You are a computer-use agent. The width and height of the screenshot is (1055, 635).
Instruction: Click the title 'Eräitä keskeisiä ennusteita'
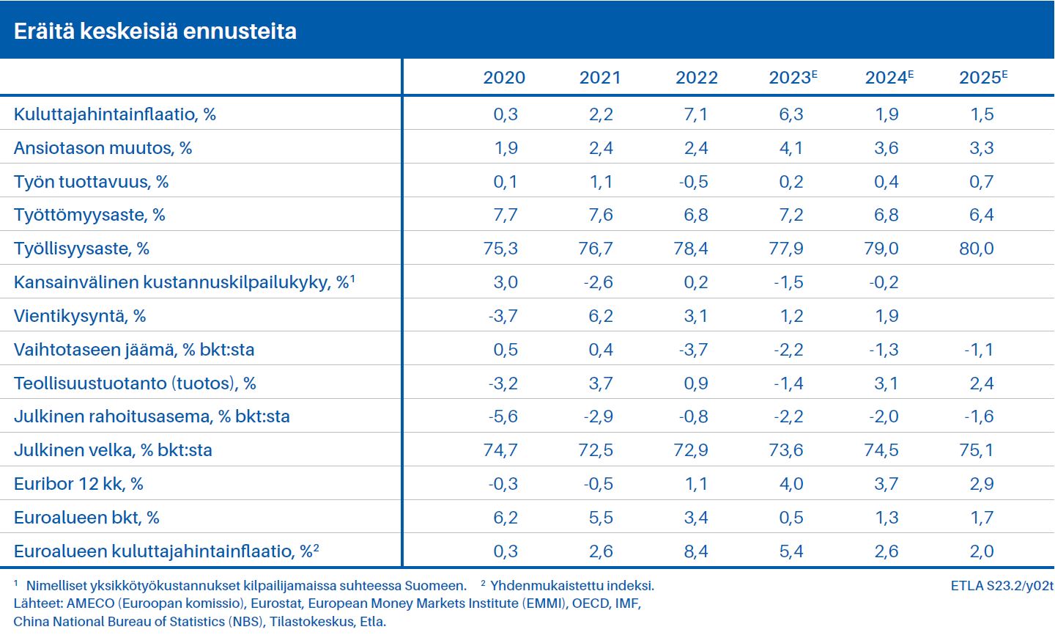coord(155,31)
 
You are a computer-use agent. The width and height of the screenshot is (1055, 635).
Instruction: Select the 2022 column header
coord(696,78)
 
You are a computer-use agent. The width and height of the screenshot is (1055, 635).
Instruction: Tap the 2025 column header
coord(983,78)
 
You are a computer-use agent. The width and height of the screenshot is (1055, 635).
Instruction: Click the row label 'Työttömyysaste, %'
coord(89,215)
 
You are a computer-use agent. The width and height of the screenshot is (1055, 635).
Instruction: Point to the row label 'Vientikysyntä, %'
coord(80,316)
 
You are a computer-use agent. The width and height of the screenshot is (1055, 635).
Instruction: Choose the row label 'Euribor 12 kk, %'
coord(78,484)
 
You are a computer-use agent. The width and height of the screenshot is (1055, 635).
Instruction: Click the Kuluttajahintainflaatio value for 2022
coord(696,114)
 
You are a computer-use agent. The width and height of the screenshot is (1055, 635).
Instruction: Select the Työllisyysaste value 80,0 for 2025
coord(977,249)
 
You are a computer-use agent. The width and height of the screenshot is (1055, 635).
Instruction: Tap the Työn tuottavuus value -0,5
coord(693,182)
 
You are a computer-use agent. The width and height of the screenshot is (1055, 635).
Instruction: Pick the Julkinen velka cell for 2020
coord(500,450)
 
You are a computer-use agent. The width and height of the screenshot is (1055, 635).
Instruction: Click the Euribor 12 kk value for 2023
coord(791,484)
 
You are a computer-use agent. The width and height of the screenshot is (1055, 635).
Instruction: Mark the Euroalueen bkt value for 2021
coord(601,518)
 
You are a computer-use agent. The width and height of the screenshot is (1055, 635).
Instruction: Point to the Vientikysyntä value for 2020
coord(503,316)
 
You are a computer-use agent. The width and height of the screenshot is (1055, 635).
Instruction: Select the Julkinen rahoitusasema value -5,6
coord(503,416)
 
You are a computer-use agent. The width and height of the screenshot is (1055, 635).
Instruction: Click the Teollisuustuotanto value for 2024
coord(886,383)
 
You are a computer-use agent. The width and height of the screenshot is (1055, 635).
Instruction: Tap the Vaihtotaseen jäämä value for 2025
coord(979,350)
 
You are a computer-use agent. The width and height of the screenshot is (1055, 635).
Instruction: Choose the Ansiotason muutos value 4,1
coord(791,148)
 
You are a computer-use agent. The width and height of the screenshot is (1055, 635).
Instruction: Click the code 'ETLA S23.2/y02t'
coord(1002,585)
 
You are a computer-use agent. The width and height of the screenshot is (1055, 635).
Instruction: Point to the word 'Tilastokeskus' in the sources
coord(311,622)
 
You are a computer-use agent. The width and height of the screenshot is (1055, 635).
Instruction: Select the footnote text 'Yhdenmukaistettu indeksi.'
coord(572,586)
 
